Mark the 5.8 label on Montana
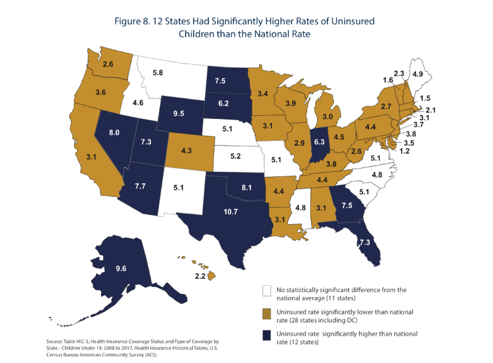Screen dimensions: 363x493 click(x=159, y=73)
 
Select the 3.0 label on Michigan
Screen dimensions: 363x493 click(x=327, y=116)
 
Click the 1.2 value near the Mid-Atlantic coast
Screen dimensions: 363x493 click(x=403, y=151)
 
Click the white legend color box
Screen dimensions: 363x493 click(x=266, y=290)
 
